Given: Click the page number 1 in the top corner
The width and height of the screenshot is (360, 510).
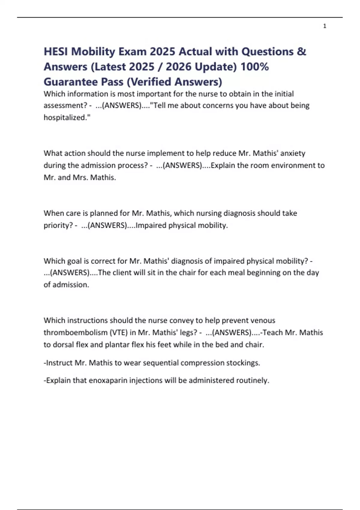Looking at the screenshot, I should click(x=325, y=26).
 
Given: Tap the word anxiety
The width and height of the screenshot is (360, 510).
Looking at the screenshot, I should click(x=292, y=153).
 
